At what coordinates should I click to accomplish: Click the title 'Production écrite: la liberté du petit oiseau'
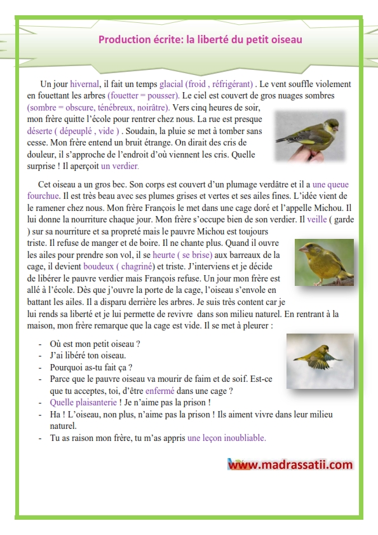[x=200, y=39]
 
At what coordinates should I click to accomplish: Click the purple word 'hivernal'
[x=84, y=84]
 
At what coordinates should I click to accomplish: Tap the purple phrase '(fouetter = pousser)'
[x=144, y=95]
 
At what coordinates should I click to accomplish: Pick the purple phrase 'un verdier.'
[x=119, y=166]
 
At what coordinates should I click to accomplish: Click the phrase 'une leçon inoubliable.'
[x=226, y=438]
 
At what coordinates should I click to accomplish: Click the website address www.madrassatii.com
[x=290, y=464]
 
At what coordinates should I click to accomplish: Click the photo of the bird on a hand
[x=309, y=135]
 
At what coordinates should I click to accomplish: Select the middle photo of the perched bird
[x=324, y=262]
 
